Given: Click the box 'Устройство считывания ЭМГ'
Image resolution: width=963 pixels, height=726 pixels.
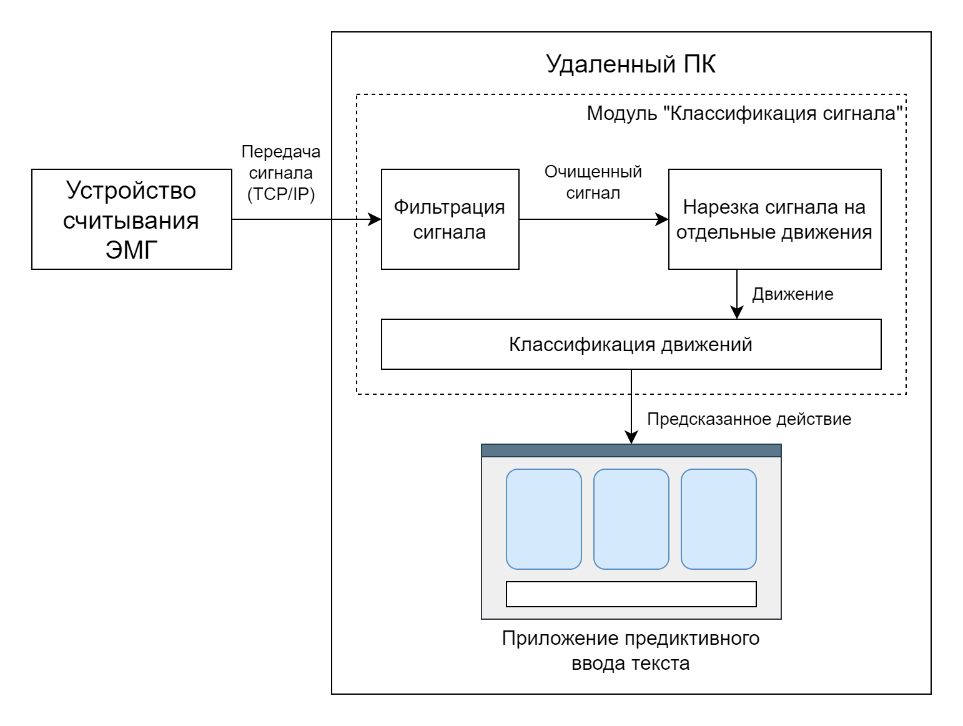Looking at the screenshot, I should tap(131, 219).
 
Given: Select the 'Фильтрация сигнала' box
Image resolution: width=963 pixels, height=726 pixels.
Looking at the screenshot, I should tap(450, 219).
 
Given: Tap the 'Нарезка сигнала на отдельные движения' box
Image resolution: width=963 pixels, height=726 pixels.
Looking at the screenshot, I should tap(774, 219).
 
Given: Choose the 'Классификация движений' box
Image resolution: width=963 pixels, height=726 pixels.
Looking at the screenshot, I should tap(631, 344).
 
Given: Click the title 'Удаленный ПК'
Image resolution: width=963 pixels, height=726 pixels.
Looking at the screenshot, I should tap(631, 64).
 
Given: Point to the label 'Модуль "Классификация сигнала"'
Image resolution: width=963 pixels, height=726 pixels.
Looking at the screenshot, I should tap(745, 114).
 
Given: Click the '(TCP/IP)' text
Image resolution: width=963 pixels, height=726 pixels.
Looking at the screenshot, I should tap(281, 194).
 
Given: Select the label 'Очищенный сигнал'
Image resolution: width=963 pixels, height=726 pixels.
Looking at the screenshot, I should tap(593, 182).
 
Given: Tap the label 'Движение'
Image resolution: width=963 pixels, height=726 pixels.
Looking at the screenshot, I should tap(793, 294).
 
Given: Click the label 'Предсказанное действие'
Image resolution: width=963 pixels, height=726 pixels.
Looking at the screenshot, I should tap(749, 419).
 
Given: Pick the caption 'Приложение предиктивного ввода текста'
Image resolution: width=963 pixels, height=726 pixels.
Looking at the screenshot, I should tap(631, 650).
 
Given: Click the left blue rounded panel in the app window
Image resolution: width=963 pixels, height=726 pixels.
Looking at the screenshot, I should tap(543, 519).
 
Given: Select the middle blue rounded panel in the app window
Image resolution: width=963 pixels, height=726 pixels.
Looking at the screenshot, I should tap(631, 519).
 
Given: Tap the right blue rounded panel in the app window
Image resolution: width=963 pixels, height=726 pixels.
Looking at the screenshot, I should tap(718, 519).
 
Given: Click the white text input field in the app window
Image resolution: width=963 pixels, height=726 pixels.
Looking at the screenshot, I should tap(631, 594).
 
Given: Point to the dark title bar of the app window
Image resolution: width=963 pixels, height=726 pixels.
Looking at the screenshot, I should tap(631, 450).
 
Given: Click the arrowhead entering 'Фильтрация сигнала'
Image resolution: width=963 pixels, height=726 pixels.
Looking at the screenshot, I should tap(375, 219).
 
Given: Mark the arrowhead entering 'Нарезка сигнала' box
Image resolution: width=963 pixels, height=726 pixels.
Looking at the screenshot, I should tap(663, 219).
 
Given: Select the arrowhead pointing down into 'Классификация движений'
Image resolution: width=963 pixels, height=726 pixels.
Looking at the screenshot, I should tap(737, 313).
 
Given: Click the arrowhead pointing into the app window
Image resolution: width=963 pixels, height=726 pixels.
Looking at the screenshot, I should tap(631, 438).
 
